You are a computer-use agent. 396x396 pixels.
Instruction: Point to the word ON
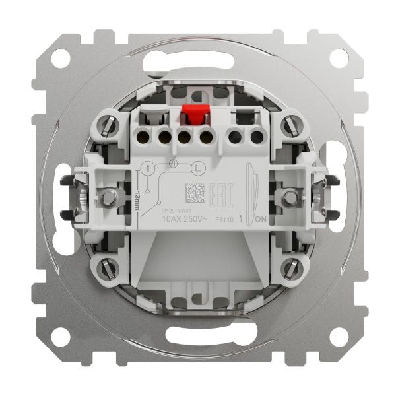pyautogui.click(x=259, y=218)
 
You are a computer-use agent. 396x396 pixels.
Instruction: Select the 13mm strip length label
pyautogui.click(x=137, y=197)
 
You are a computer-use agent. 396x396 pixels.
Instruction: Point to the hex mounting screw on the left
pyautogui.click(x=107, y=197)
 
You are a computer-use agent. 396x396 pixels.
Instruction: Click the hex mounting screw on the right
pyautogui.click(x=289, y=197)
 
